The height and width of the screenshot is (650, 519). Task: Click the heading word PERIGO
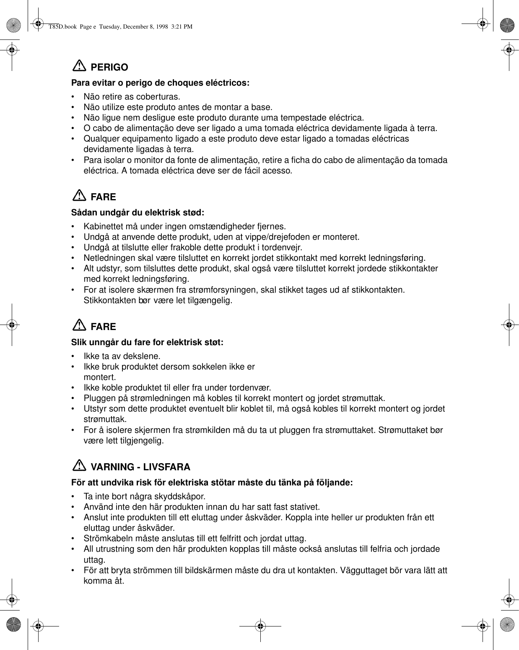point(109,67)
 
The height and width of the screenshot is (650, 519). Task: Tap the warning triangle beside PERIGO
point(78,66)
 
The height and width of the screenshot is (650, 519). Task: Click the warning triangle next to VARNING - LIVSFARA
point(78,466)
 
